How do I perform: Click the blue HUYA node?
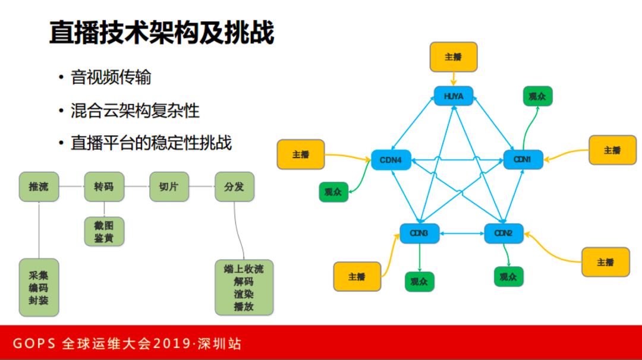453,96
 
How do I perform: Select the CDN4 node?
391,160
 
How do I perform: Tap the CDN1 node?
523,159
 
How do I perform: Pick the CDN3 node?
419,233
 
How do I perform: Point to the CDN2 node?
503,233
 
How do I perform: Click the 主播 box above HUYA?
453,57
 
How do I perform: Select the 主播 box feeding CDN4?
301,154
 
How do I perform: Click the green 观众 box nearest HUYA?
537,96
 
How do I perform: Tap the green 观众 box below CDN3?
419,281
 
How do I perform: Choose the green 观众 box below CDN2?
508,276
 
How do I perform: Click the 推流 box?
39,187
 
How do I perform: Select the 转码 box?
103,187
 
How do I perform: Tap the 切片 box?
169,187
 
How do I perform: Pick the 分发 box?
234,187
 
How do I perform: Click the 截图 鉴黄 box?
103,232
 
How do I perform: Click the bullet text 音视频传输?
111,77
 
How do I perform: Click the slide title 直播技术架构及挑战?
161,33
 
